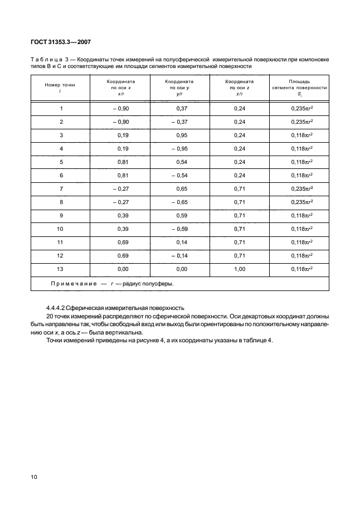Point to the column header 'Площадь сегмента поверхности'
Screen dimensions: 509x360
pos(299,88)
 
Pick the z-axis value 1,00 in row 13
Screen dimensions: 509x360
pos(240,269)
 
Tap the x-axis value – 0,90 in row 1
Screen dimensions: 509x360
pos(121,108)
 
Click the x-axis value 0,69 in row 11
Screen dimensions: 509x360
pos(123,242)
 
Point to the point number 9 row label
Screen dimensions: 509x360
pos(61,215)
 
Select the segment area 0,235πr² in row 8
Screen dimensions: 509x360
pos(301,202)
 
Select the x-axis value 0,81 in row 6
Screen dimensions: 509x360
pos(123,175)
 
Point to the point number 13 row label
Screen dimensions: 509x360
pos(61,269)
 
